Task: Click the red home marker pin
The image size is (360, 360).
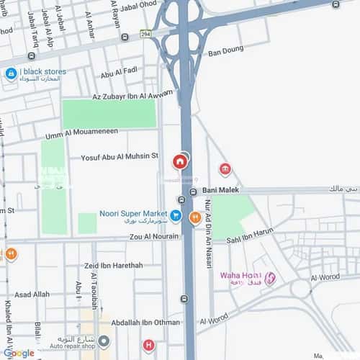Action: (179, 162)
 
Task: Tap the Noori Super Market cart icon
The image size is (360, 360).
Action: (175, 214)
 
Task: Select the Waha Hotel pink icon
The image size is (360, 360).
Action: (270, 279)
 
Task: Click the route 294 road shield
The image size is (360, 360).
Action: (146, 33)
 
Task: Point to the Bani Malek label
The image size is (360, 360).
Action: (220, 191)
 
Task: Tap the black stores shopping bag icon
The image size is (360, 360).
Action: (11, 73)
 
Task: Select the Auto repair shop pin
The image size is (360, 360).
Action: (104, 341)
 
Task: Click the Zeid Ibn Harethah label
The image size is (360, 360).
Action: (113, 265)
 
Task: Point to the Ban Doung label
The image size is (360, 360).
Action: (225, 52)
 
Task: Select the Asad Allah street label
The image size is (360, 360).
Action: (32, 294)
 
